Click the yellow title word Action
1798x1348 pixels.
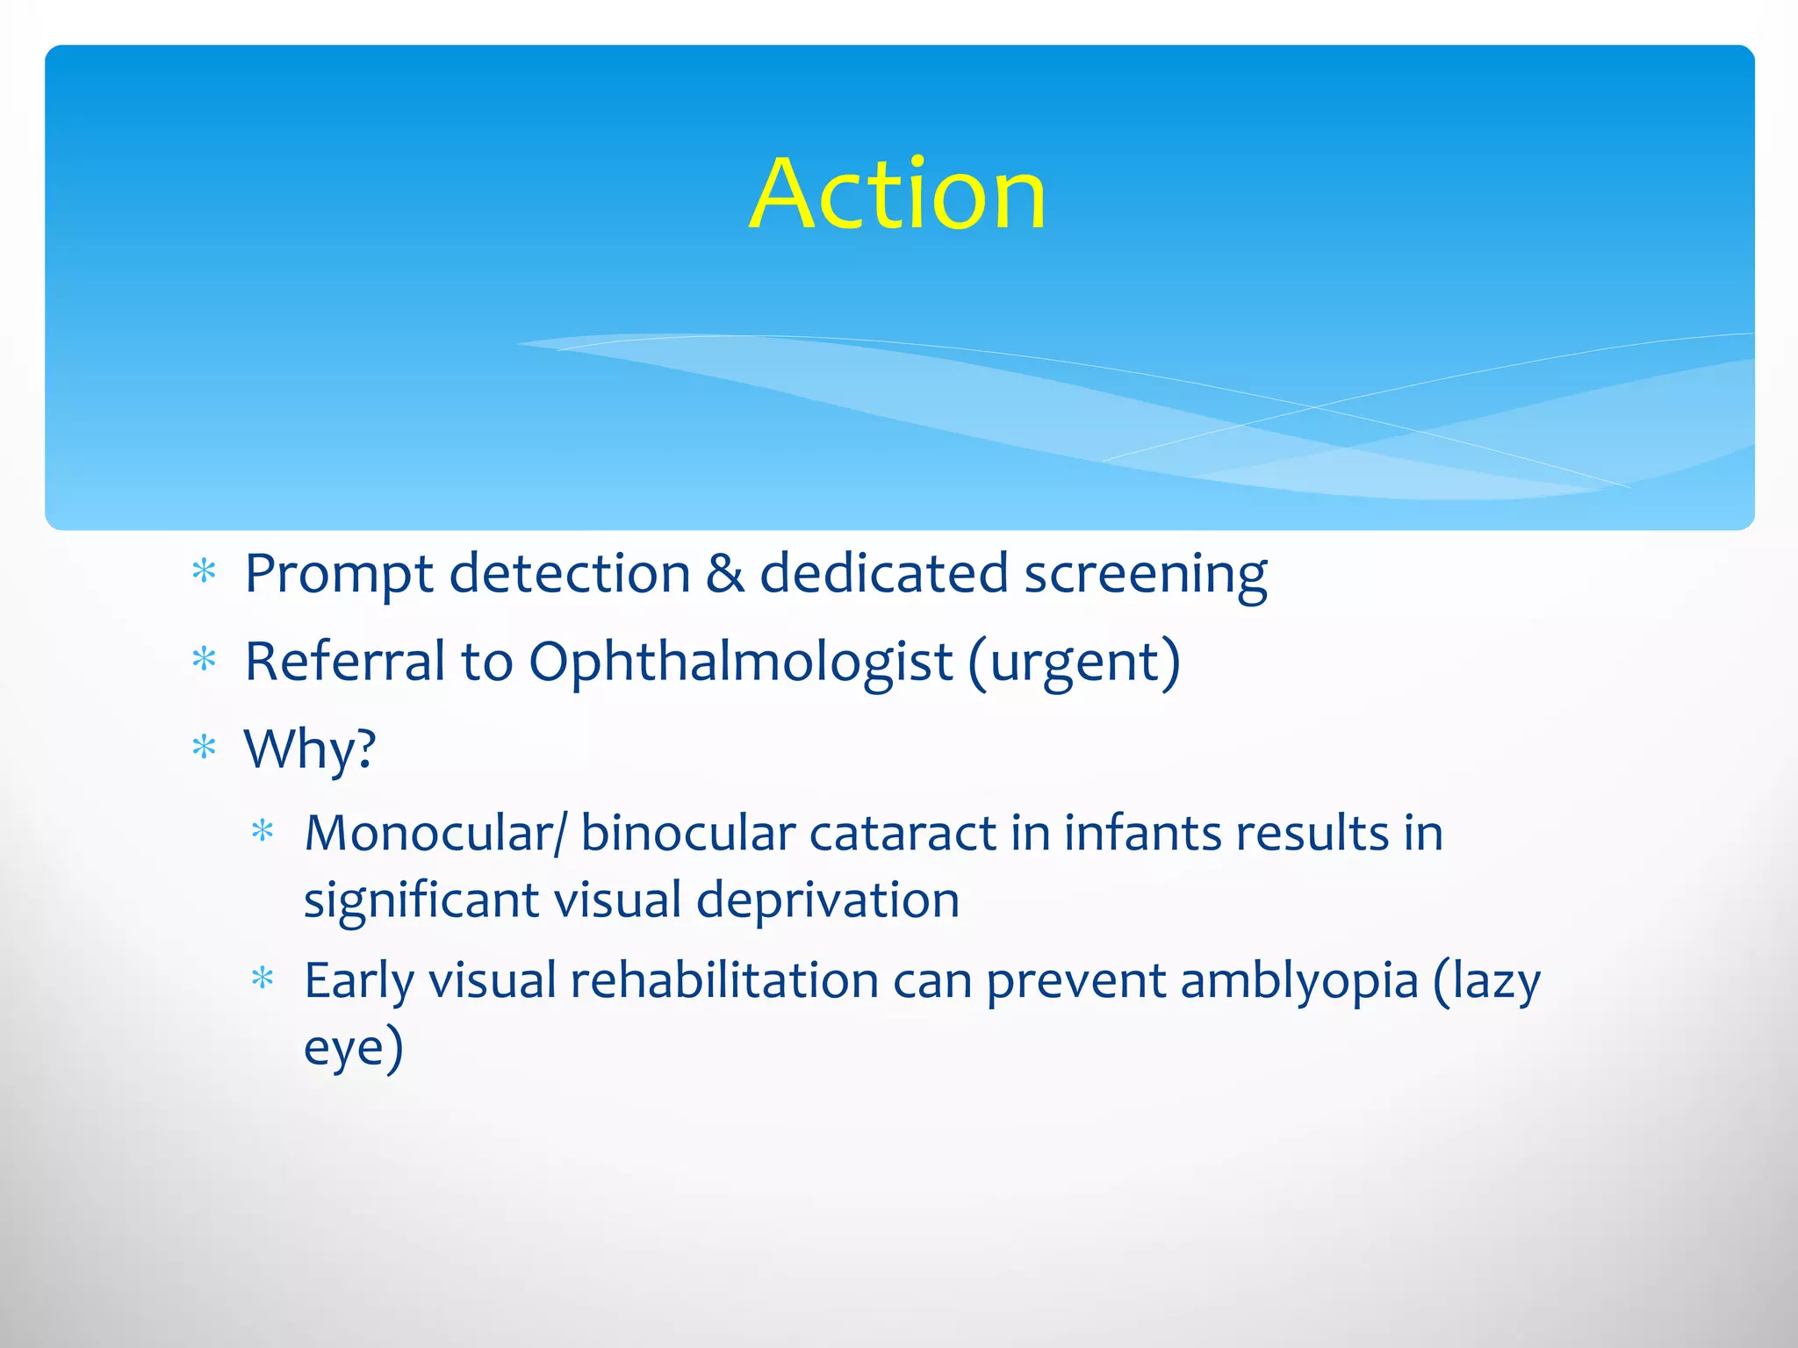click(x=897, y=194)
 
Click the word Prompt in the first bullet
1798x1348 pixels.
click(x=338, y=576)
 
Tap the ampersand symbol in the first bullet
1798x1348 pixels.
click(x=725, y=574)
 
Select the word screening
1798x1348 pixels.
click(x=1146, y=576)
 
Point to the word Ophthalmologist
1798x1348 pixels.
click(x=740, y=662)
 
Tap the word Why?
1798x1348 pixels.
click(x=310, y=750)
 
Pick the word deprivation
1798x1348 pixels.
click(x=828, y=901)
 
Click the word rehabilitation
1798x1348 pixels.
click(x=724, y=980)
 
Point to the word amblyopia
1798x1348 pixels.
click(x=1299, y=982)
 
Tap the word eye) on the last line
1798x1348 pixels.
click(x=353, y=1049)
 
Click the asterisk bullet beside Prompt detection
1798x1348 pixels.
click(x=204, y=572)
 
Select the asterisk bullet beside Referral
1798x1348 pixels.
click(x=204, y=660)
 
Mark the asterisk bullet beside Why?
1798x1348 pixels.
click(x=204, y=748)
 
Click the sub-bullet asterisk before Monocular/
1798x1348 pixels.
click(x=263, y=831)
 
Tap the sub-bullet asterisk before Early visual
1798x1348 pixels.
click(x=263, y=979)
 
